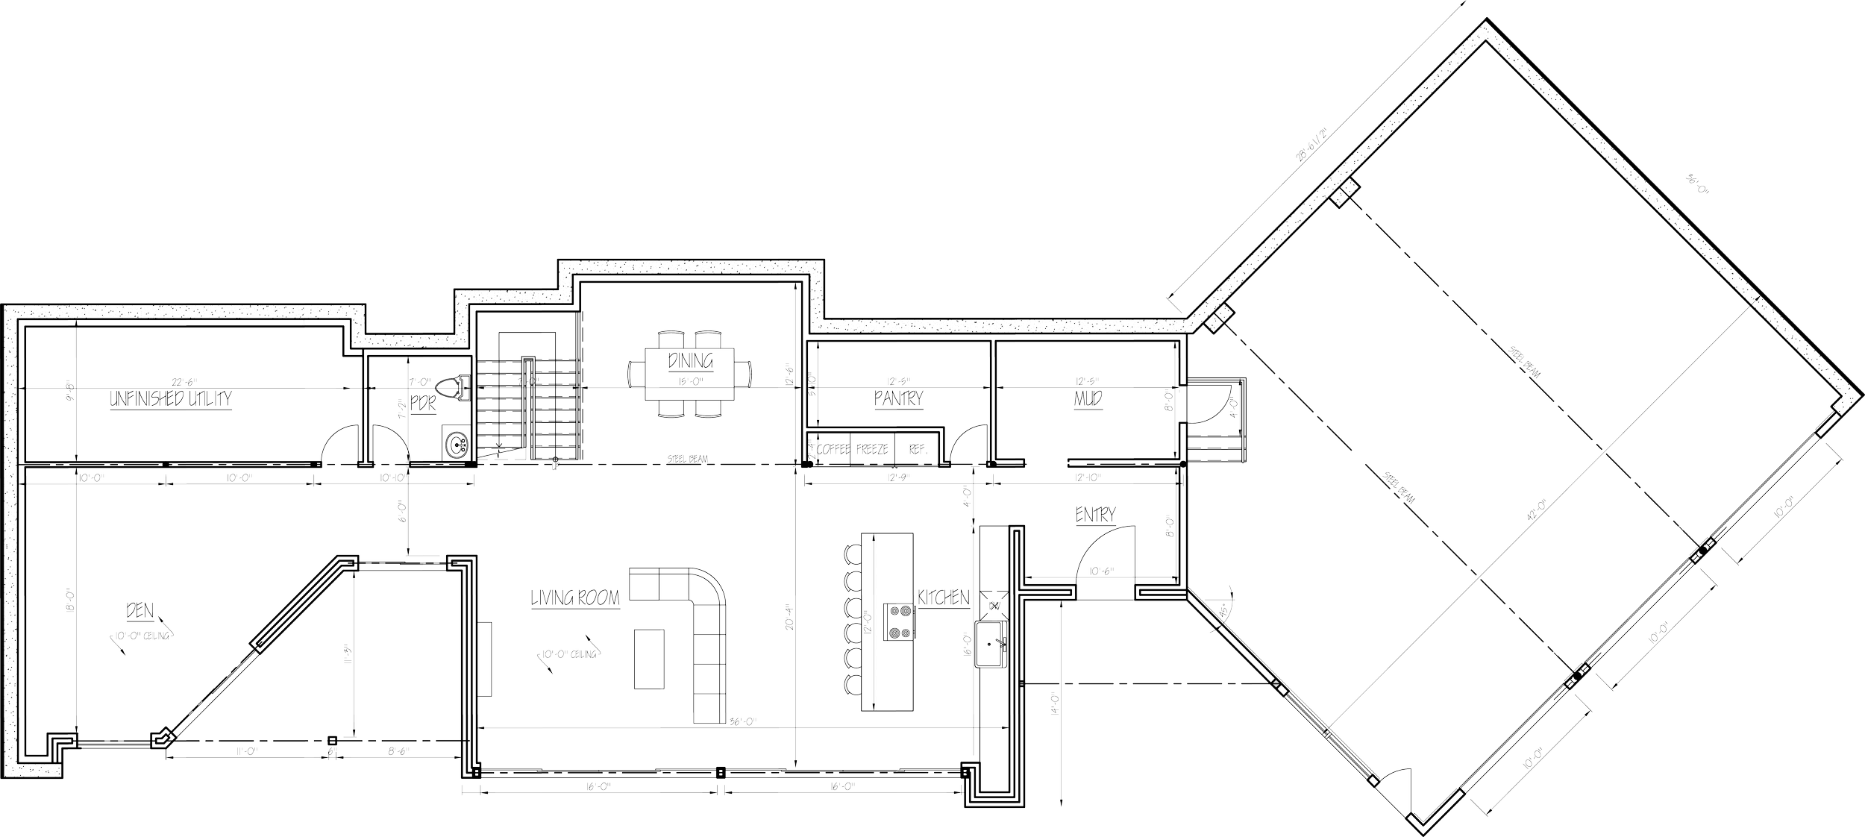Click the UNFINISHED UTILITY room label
(x=171, y=400)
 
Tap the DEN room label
(x=140, y=612)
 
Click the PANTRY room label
(x=898, y=399)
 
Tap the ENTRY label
(x=1095, y=515)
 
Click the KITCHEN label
(x=943, y=598)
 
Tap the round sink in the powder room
(x=454, y=445)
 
